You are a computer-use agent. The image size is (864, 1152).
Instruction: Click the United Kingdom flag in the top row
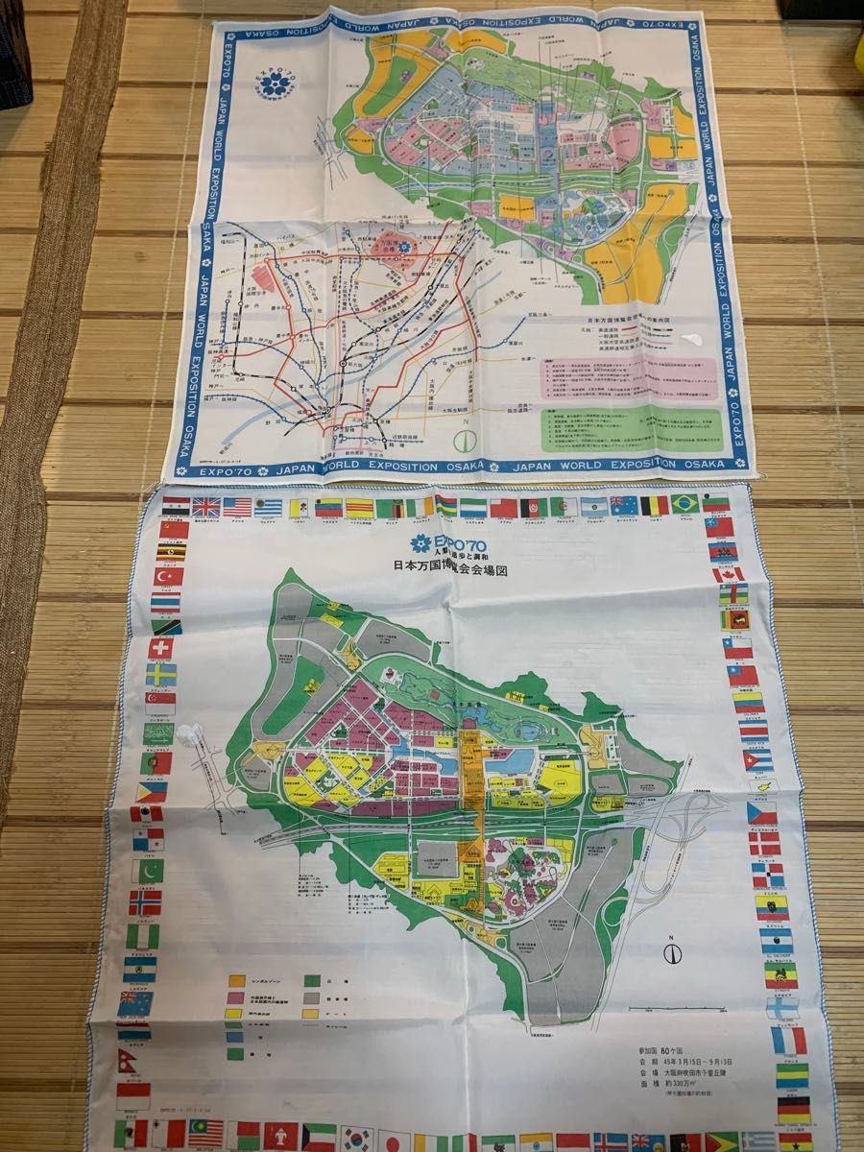pyautogui.click(x=205, y=507)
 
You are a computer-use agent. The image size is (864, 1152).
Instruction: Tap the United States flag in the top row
pyautogui.click(x=237, y=507)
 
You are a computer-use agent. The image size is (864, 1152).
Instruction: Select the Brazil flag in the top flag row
pyautogui.click(x=684, y=504)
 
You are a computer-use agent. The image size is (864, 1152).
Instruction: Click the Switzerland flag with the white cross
pyautogui.click(x=161, y=648)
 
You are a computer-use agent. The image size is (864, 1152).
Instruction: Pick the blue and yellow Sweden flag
pyautogui.click(x=160, y=675)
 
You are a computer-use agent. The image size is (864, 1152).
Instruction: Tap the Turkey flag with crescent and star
pyautogui.click(x=169, y=577)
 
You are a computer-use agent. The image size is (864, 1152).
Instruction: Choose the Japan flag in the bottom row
pyautogui.click(x=393, y=1141)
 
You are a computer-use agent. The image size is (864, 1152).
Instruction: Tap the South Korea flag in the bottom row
pyautogui.click(x=356, y=1139)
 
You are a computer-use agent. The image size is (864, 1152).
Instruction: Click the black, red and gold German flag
pyautogui.click(x=793, y=1110)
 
